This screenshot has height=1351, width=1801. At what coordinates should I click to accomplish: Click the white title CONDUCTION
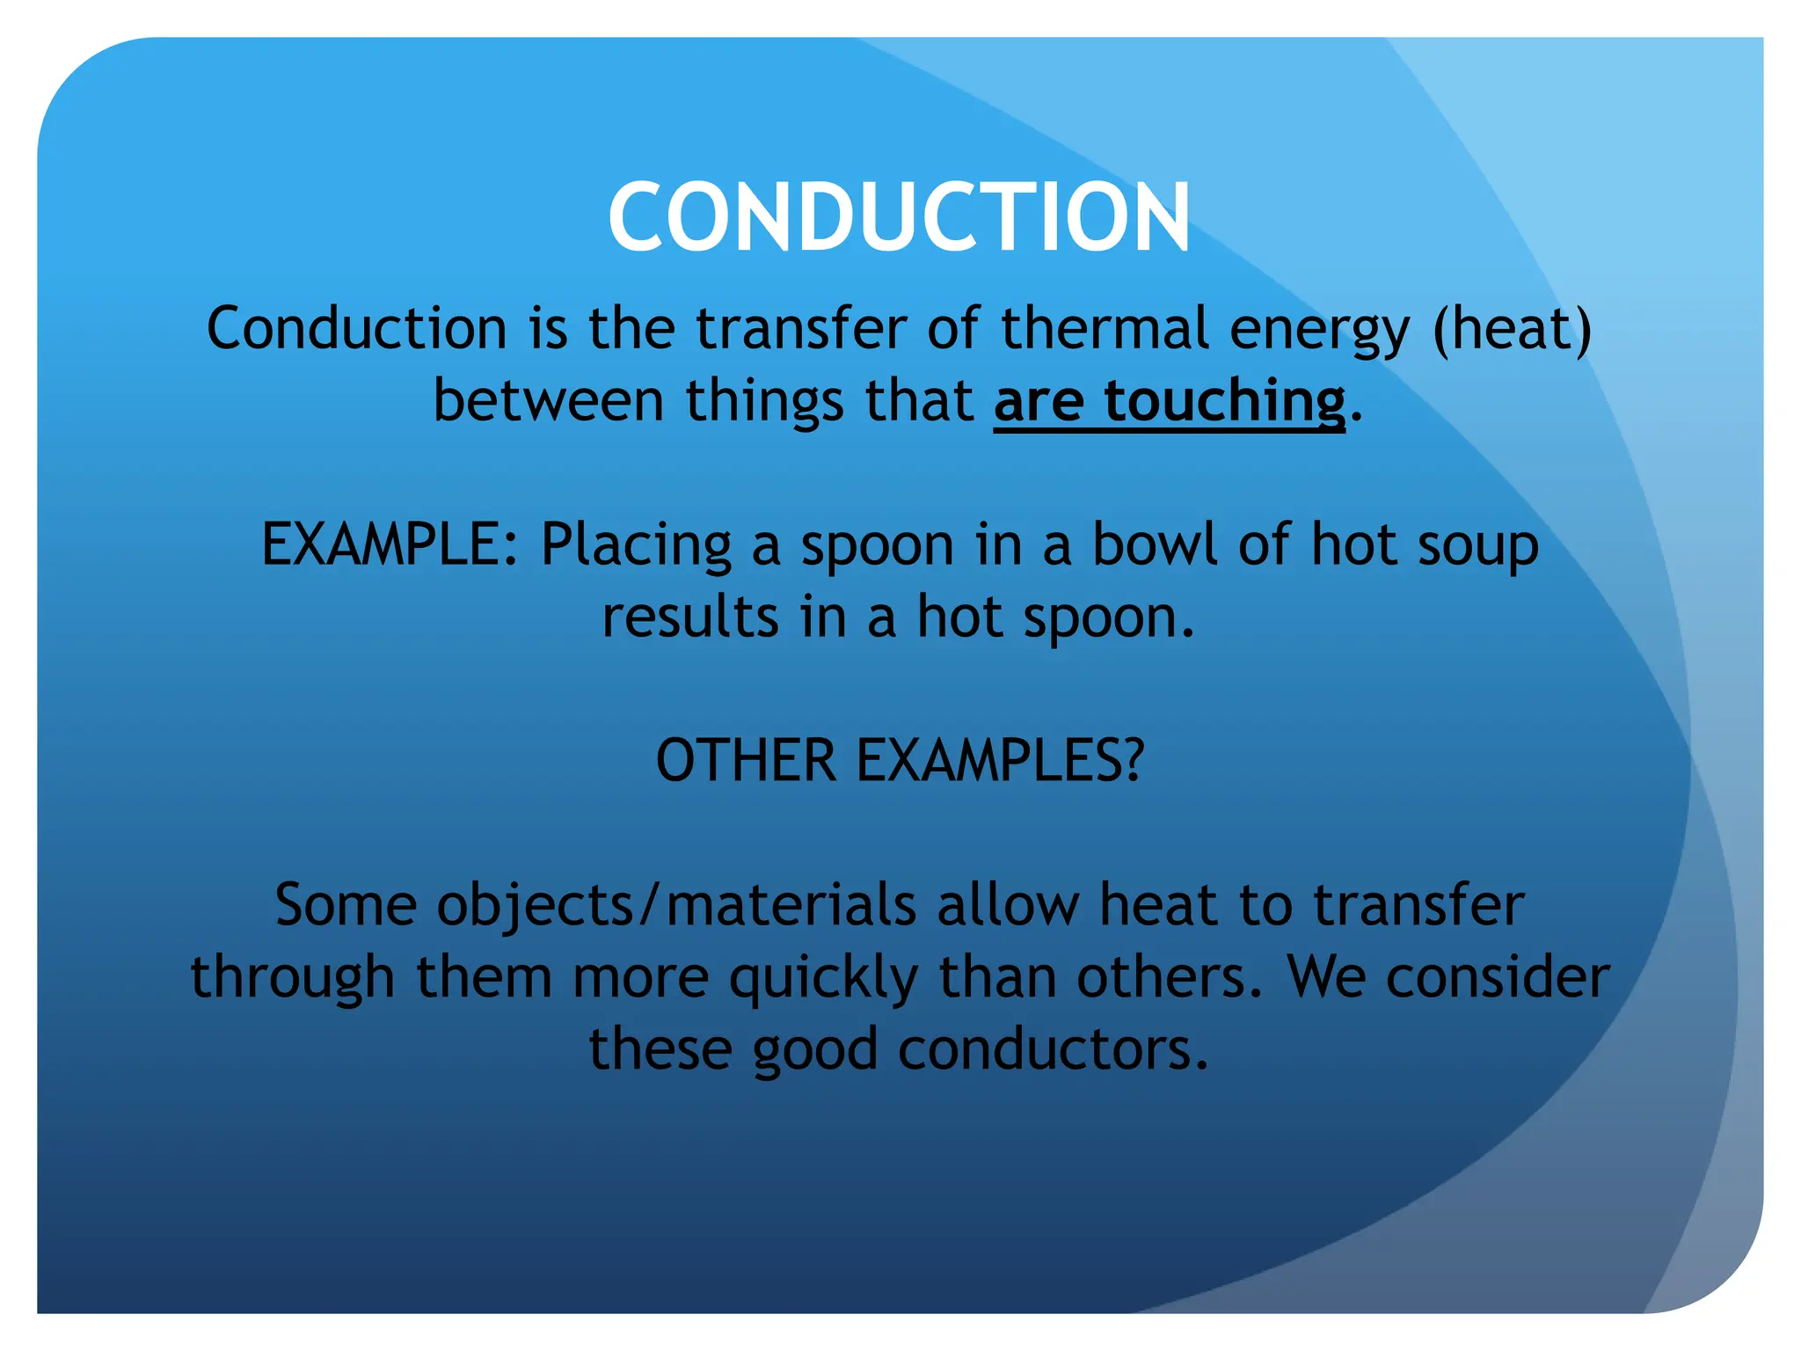pyautogui.click(x=899, y=217)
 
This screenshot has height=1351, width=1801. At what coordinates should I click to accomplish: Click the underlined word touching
pyautogui.click(x=1224, y=401)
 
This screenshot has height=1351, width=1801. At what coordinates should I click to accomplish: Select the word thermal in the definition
pyautogui.click(x=1105, y=329)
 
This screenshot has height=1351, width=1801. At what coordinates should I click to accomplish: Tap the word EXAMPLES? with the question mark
pyautogui.click(x=1000, y=761)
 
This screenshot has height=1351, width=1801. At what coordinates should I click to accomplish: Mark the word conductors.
pyautogui.click(x=1054, y=1050)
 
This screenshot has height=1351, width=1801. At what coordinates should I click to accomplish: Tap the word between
pyautogui.click(x=548, y=401)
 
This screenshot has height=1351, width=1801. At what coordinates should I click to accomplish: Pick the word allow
pyautogui.click(x=1008, y=906)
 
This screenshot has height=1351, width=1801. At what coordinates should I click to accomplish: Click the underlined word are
pyautogui.click(x=1039, y=403)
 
